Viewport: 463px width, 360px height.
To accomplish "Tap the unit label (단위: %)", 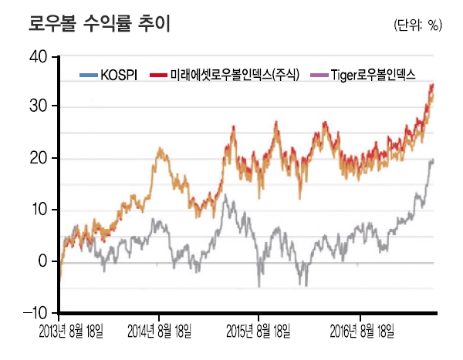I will pyautogui.click(x=417, y=25).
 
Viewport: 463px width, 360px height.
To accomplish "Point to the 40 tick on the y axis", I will pyautogui.click(x=37, y=56).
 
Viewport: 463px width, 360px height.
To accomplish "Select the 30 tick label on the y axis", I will pyautogui.click(x=37, y=107).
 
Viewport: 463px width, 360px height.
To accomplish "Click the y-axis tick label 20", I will pyautogui.click(x=37, y=158).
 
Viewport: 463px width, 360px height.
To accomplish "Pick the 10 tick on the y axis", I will pyautogui.click(x=37, y=210).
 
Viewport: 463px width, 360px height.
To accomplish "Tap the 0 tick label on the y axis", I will pyautogui.click(x=42, y=261).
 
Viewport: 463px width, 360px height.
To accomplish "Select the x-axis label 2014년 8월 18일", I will pyautogui.click(x=159, y=331).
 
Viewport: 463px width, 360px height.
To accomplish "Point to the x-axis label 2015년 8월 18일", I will pyautogui.click(x=259, y=331).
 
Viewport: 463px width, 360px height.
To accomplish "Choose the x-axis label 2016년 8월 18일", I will pyautogui.click(x=362, y=331).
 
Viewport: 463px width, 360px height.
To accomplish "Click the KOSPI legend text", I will pyautogui.click(x=120, y=75).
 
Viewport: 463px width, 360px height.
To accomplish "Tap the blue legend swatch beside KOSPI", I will pyautogui.click(x=90, y=75).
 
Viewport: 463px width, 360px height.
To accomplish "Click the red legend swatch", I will pyautogui.click(x=159, y=75).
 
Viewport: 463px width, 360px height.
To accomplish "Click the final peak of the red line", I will pyautogui.click(x=433, y=84).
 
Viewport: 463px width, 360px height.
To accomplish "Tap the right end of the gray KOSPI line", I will pyautogui.click(x=434, y=160).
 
